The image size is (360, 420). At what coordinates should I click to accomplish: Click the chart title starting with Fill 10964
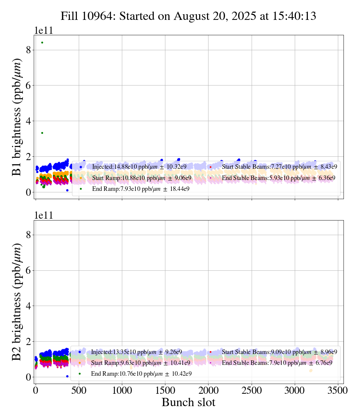click(188, 16)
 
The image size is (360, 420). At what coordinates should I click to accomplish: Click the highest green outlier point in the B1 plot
click(42, 42)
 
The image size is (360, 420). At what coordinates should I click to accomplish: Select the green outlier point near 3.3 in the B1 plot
click(42, 133)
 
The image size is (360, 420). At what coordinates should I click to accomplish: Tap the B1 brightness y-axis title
click(17, 113)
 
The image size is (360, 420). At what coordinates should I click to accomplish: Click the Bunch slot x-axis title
click(188, 402)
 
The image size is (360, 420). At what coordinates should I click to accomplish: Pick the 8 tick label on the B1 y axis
click(28, 50)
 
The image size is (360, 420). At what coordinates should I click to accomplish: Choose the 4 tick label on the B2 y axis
click(28, 306)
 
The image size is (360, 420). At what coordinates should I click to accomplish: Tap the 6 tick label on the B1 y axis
click(28, 85)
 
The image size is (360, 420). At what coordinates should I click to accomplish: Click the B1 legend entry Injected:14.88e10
click(139, 166)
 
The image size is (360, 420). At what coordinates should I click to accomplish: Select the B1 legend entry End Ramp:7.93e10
click(140, 189)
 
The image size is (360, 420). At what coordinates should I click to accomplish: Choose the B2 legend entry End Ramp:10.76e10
click(141, 374)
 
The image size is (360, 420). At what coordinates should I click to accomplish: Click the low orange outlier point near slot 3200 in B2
click(310, 370)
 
